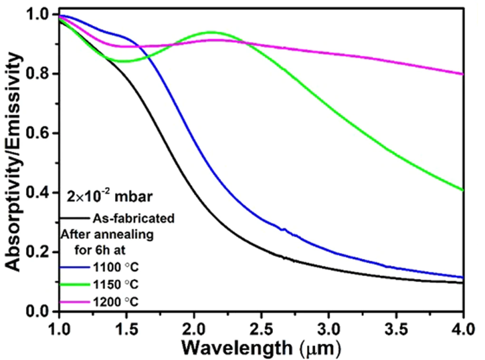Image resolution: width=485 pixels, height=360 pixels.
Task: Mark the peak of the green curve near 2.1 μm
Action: click(x=211, y=32)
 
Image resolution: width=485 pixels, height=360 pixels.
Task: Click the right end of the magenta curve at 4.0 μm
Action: click(x=463, y=74)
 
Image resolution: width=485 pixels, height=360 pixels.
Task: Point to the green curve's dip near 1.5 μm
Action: click(x=124, y=62)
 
